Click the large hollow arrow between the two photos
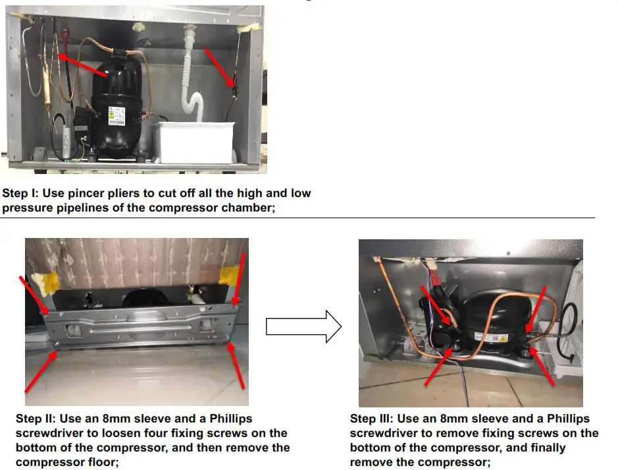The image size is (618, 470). (303, 325)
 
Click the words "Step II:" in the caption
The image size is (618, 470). (36, 419)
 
